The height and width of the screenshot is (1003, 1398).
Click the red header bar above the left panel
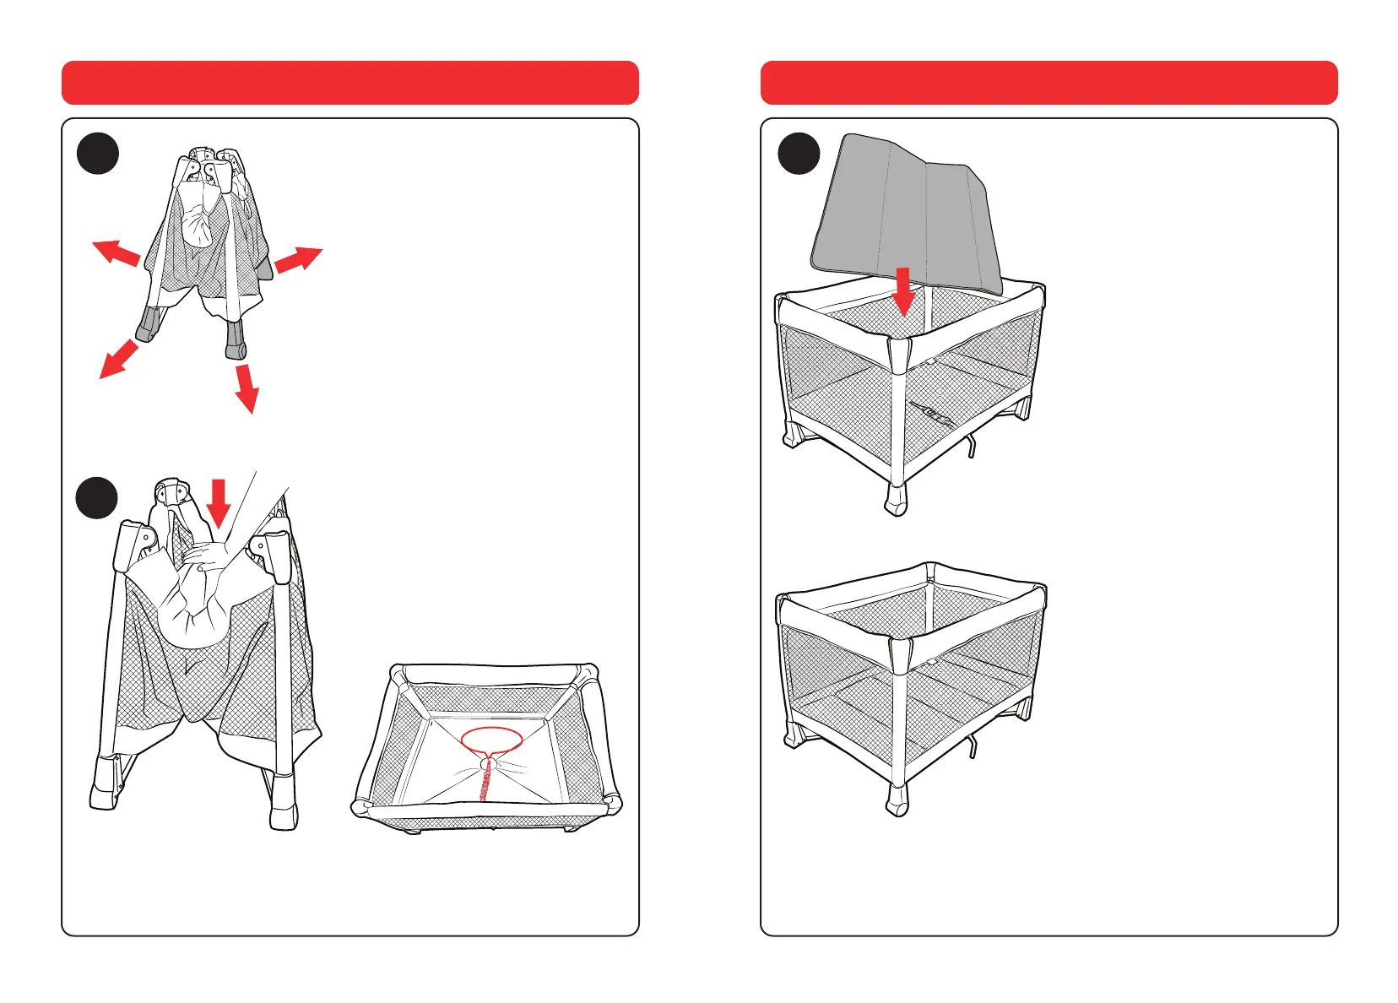pos(349,83)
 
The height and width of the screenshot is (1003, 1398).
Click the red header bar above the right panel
pos(1048,83)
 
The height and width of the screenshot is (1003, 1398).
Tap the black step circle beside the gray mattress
pos(798,154)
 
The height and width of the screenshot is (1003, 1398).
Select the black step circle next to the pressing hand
pos(97,498)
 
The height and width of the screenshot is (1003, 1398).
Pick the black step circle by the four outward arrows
pos(97,154)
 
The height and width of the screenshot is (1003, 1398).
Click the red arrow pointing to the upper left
pos(115,252)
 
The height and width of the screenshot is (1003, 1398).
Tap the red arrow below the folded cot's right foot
pos(247,388)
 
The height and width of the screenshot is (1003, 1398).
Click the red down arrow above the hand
pos(219,501)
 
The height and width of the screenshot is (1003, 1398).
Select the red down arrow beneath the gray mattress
pos(904,291)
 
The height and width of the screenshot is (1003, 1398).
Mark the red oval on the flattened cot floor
pos(492,740)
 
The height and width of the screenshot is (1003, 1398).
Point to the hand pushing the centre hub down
pos(211,556)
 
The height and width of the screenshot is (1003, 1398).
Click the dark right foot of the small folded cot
pos(236,339)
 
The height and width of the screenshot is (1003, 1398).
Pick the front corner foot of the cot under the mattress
pos(895,499)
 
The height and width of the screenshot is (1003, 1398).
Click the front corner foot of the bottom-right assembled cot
pos(896,799)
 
